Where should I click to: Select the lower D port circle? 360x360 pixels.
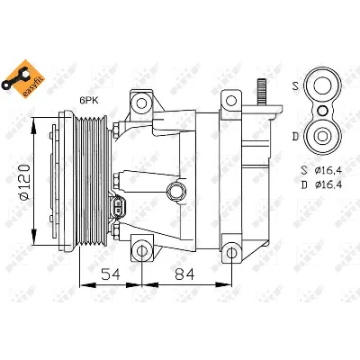tap(320, 136)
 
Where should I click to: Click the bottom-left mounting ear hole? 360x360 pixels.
tap(139, 248)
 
